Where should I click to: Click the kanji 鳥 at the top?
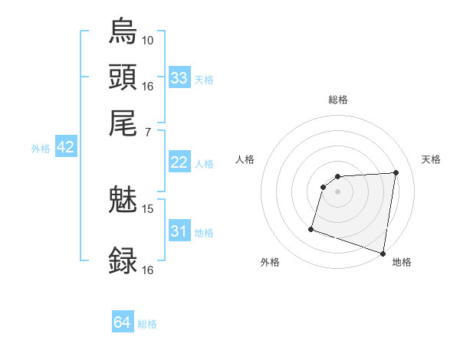click(x=123, y=31)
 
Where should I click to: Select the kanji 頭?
click(x=123, y=77)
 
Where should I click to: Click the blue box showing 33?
click(x=179, y=78)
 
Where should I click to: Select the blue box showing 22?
click(x=179, y=162)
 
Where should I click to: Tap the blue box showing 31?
click(x=179, y=231)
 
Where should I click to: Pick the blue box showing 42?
click(x=65, y=148)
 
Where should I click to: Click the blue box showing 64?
click(x=123, y=322)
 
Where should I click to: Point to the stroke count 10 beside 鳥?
click(x=148, y=40)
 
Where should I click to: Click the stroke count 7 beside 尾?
click(x=147, y=133)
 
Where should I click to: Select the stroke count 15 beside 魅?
click(x=148, y=208)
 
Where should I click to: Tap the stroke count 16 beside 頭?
click(x=148, y=86)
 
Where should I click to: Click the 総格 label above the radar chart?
click(x=338, y=100)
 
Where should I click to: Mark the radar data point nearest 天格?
click(x=396, y=172)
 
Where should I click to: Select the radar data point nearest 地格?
click(x=383, y=253)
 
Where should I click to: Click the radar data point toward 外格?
click(x=311, y=228)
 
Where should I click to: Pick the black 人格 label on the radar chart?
click(x=245, y=159)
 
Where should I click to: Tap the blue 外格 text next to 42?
click(x=41, y=149)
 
